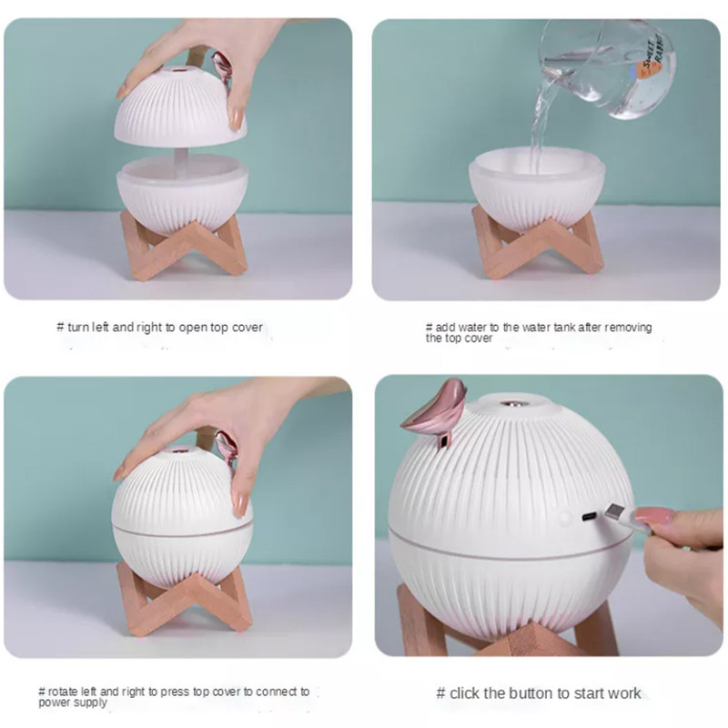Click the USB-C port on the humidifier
[x=590, y=516]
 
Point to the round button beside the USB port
[x=565, y=518]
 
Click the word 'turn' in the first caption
[x=78, y=328]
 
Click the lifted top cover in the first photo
[x=180, y=106]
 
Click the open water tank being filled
[x=537, y=187]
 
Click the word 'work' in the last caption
[x=623, y=693]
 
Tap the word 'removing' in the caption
[x=628, y=328]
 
